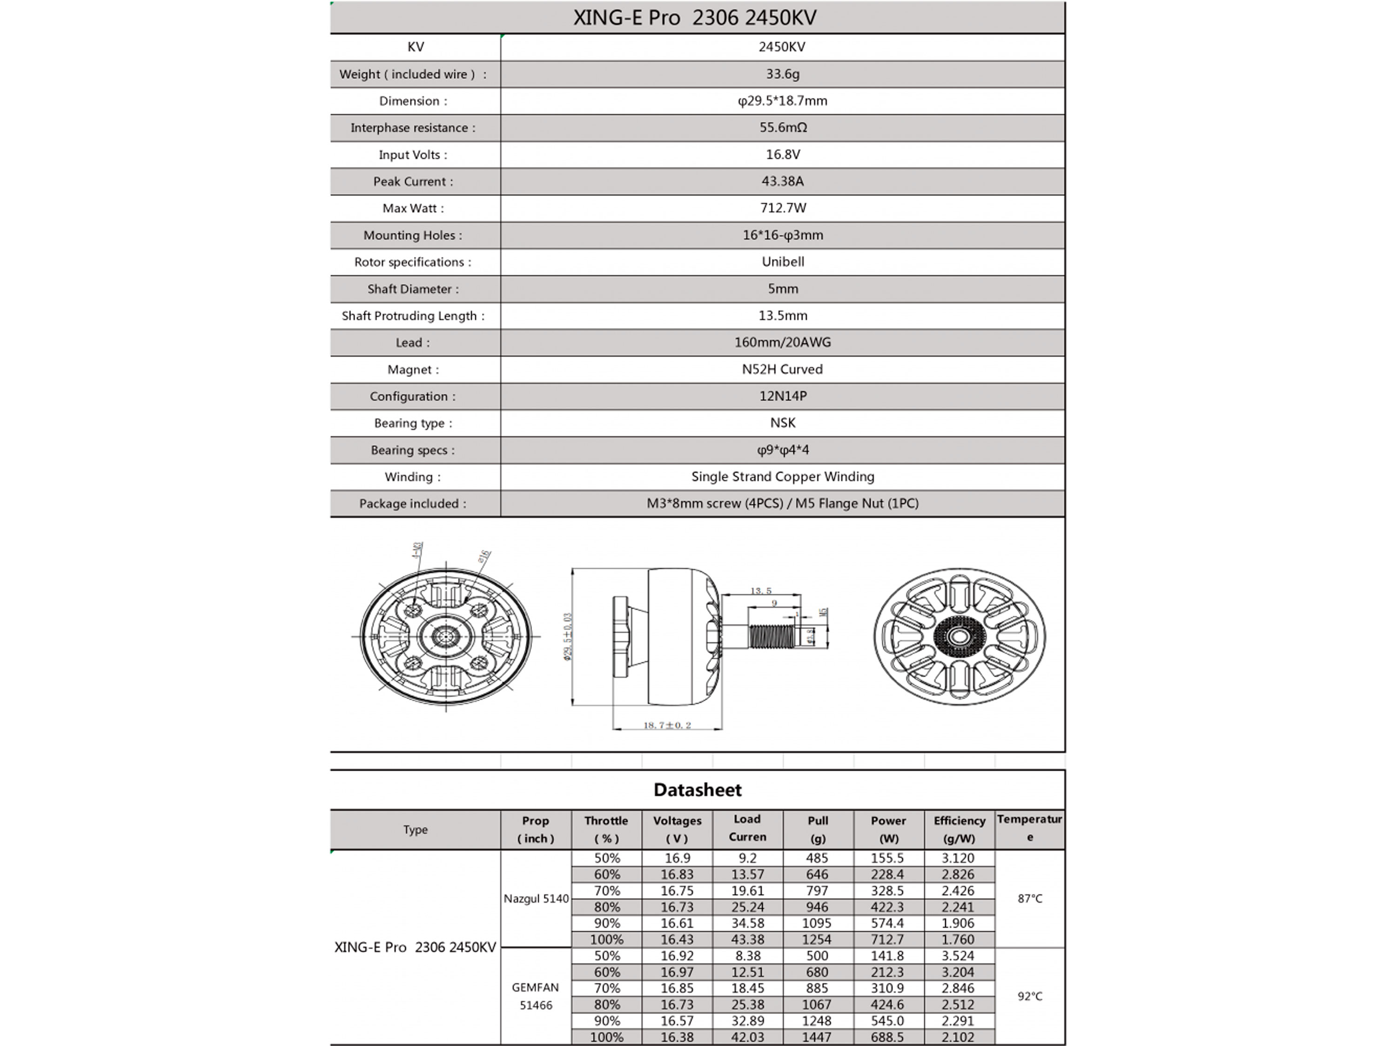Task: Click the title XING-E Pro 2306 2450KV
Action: pos(695,18)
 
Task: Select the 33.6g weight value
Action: pos(783,74)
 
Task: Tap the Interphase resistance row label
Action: pos(413,128)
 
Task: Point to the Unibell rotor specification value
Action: pos(783,262)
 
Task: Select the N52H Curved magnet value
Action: pos(783,370)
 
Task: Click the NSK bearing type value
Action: pos(783,423)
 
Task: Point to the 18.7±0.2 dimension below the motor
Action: pos(667,726)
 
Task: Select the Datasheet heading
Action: pos(698,790)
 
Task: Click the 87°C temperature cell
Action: pos(1030,899)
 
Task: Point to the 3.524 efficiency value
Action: pos(958,956)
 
